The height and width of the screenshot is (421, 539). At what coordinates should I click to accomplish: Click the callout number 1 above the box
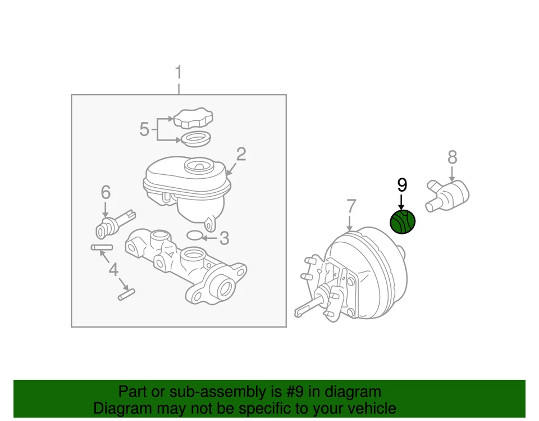179,73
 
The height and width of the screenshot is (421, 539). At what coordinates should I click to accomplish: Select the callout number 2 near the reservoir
241,154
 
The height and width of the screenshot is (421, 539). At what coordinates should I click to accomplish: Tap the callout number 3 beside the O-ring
224,239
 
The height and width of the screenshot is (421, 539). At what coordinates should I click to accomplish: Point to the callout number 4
114,270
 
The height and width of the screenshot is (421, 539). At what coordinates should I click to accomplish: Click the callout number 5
144,130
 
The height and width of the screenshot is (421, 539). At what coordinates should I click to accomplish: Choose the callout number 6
106,193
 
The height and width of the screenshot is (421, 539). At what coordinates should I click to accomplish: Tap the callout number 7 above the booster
351,206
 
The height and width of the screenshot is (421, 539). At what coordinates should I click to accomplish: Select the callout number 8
453,157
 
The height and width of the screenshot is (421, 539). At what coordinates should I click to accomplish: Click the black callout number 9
401,185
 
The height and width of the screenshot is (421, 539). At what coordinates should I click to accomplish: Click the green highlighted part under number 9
403,222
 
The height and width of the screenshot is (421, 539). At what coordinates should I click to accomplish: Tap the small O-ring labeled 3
193,235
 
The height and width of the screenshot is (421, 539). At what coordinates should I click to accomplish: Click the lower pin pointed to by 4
126,294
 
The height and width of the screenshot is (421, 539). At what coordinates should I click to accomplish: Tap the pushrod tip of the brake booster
298,310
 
